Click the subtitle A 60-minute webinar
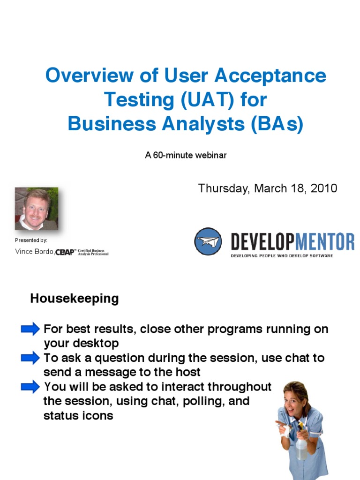pos(186,155)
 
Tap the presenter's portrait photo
pos(37,209)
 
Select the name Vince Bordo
pos(34,252)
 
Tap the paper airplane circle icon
pos(208,241)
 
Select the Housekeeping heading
pos(74,299)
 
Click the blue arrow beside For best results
pos(30,330)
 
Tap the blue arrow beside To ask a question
pos(30,359)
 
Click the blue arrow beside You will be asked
pos(30,387)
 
